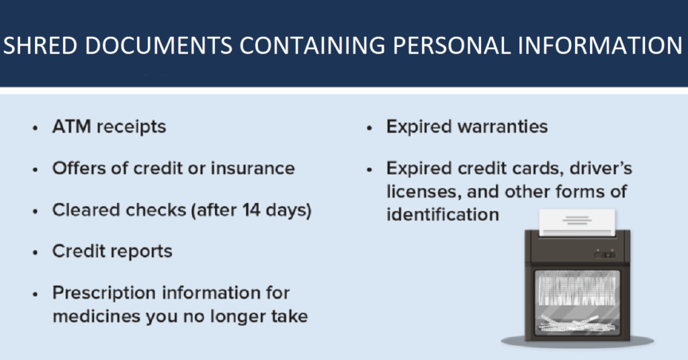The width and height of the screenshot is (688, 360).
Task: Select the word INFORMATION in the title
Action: [x=600, y=46]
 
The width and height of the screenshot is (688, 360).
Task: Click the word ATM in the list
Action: [x=71, y=127]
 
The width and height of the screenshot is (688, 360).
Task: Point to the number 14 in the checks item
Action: [x=252, y=210]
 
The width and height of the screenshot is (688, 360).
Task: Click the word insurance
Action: [x=253, y=169]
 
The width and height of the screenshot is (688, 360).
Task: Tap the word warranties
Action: [x=503, y=127]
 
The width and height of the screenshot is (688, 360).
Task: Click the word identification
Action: [x=442, y=215]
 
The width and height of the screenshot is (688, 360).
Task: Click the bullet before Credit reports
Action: [x=36, y=253]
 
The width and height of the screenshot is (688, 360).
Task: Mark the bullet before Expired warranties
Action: [x=370, y=128]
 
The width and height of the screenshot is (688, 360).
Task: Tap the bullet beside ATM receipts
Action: [x=36, y=128]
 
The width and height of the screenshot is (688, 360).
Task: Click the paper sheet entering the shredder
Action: [x=577, y=223]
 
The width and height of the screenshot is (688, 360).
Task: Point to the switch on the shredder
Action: [x=605, y=254]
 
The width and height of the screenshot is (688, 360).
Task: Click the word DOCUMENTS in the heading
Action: [x=159, y=46]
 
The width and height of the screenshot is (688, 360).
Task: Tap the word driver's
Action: [x=601, y=169]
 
